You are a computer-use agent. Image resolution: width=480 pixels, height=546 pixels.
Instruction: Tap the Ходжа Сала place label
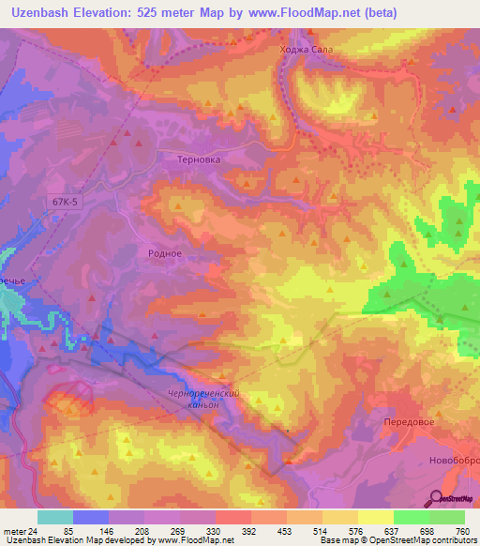pos(300,51)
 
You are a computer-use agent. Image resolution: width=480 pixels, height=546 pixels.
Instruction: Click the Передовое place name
pos(410,423)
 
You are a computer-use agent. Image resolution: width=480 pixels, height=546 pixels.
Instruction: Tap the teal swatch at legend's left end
pos(54,517)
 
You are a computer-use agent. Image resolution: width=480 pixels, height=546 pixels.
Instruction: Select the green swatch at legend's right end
pos(446,517)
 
